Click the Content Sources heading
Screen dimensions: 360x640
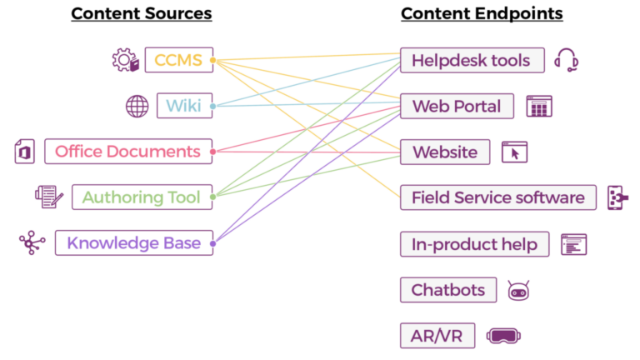[141, 13]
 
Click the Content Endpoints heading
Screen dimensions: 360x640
[482, 13]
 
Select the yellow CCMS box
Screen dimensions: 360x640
[178, 60]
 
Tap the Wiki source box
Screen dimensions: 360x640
[184, 106]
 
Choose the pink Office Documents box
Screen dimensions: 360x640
[128, 152]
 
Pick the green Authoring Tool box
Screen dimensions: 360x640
[142, 197]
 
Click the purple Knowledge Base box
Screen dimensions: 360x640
[134, 243]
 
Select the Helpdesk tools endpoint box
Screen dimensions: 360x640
[472, 60]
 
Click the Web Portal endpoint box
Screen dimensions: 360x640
[457, 106]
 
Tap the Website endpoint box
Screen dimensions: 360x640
[445, 152]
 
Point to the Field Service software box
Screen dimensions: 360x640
[498, 197]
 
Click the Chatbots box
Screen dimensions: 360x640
[448, 290]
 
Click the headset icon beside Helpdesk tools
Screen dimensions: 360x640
[567, 60]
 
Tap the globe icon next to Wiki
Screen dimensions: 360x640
[137, 106]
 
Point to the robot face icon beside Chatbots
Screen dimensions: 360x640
[519, 290]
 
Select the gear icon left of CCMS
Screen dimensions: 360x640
[124, 60]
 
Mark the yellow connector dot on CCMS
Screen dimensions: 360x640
[213, 60]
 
